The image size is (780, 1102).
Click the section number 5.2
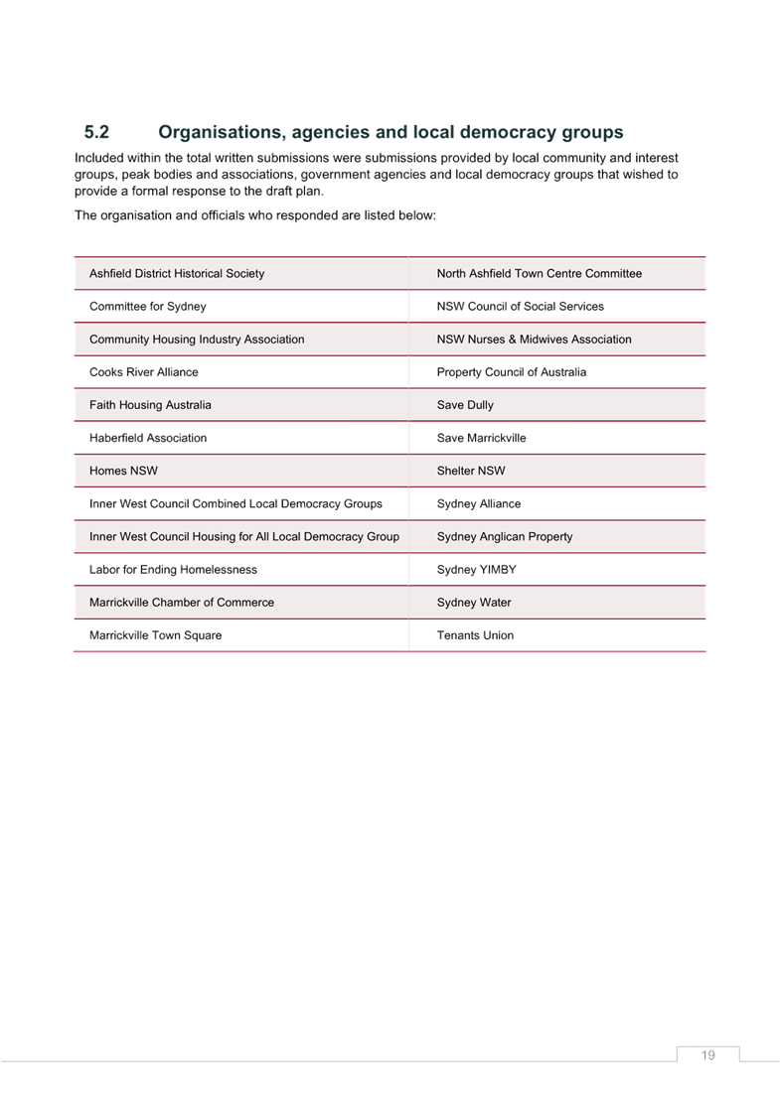coord(96,132)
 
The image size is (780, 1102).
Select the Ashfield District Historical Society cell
coord(177,273)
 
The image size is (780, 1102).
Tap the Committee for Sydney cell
coord(148,306)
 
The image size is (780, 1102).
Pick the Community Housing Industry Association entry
coord(197,339)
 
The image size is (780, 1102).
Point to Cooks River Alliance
coord(144,371)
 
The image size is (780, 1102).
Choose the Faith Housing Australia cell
coord(150,404)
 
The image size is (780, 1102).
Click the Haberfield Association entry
coord(148,437)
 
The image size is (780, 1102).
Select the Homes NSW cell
coord(123,470)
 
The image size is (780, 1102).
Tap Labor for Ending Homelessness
coord(174,569)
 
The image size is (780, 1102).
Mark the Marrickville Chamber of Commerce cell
coord(182,602)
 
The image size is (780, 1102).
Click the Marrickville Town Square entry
coord(155,634)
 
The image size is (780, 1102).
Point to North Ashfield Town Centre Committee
coord(540,273)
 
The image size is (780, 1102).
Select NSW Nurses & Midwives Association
coord(535,339)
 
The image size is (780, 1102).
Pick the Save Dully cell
coord(465,404)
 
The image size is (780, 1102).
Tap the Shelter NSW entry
coord(471,470)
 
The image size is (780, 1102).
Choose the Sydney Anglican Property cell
coord(505,536)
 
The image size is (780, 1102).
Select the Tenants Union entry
coord(475,634)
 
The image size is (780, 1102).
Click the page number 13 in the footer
coord(708,1054)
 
